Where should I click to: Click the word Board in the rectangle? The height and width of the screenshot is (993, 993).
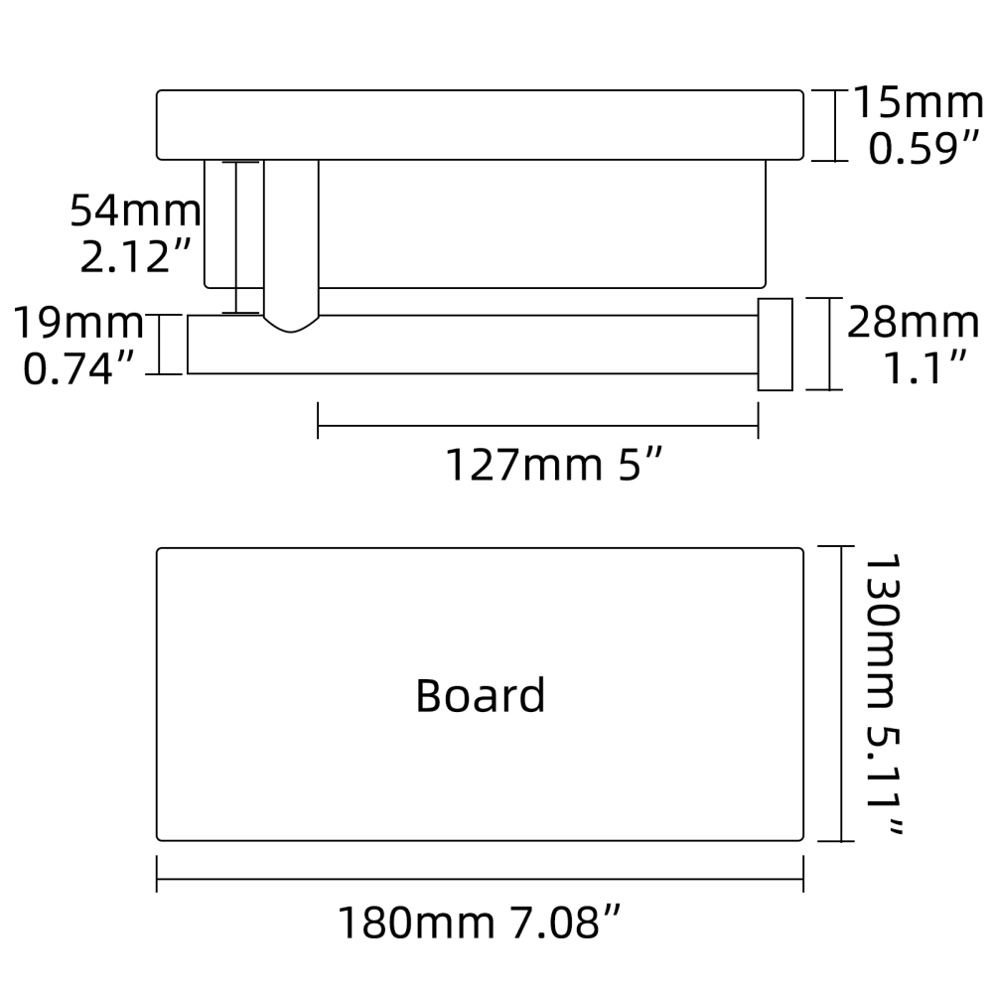480,695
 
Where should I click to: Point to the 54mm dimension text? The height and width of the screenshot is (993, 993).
135,211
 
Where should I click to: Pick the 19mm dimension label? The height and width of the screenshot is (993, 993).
77,323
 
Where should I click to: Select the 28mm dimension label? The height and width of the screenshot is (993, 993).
913,323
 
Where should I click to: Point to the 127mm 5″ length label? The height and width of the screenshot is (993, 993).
552,465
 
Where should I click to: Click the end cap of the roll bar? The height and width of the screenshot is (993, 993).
775,344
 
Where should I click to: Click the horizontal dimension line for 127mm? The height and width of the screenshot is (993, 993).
537,429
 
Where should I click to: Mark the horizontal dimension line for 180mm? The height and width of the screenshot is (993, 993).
480,878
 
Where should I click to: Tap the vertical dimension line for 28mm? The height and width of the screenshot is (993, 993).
830,344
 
